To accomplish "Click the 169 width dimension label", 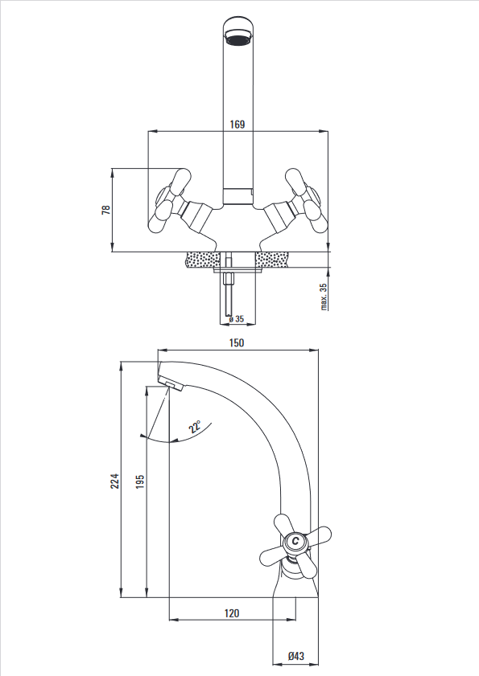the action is click(x=237, y=125).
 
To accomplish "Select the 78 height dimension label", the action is click(x=105, y=210).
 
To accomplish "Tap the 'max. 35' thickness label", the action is click(x=324, y=297).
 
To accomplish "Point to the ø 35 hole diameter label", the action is click(x=237, y=319).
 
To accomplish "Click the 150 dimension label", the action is click(x=236, y=342).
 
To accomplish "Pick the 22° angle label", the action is click(x=195, y=427).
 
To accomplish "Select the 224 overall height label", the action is click(x=114, y=481).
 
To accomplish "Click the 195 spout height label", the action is click(x=139, y=481).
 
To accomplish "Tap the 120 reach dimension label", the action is click(x=232, y=613).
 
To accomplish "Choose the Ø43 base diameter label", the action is click(x=296, y=656).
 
